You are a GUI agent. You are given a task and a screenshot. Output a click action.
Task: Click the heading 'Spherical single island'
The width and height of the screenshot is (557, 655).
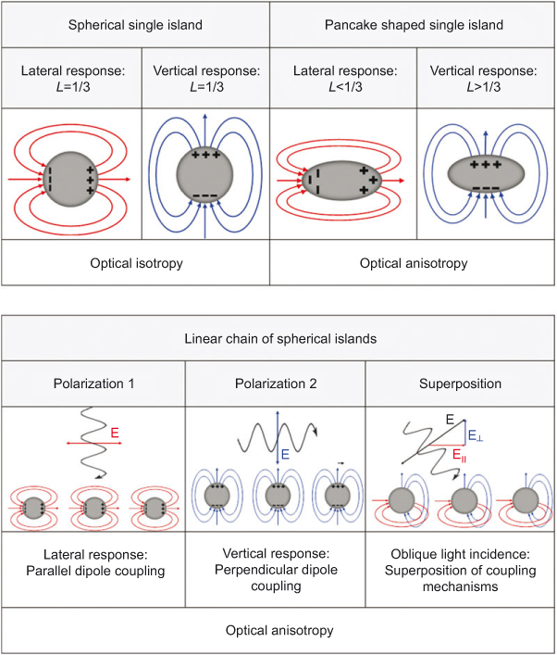pos(135,24)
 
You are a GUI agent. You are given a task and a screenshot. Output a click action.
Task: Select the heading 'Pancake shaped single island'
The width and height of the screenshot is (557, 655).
pos(413,24)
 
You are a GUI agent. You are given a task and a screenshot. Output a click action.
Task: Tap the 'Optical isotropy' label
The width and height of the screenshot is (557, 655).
pos(135,263)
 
